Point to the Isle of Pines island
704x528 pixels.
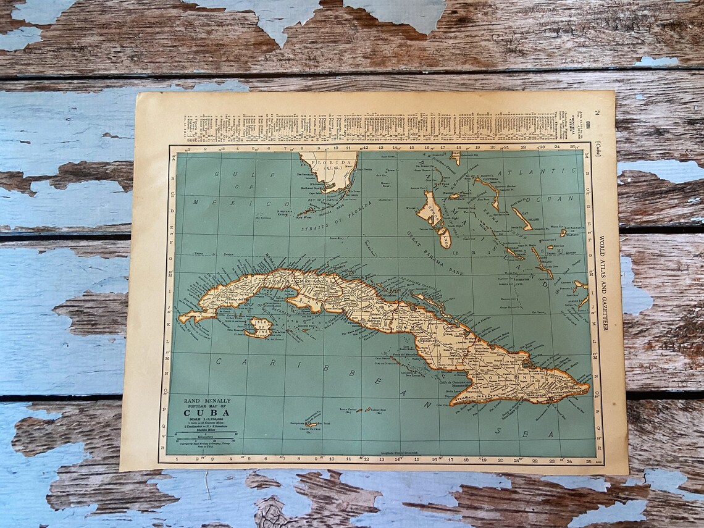tap(259, 327)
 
